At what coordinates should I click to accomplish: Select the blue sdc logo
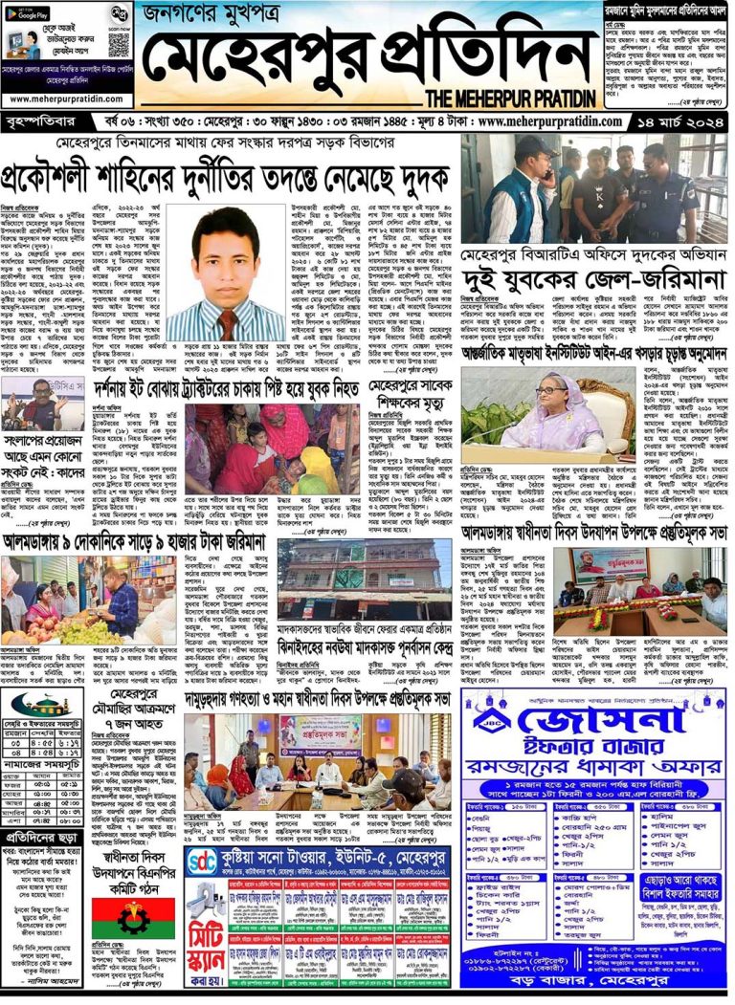(202, 863)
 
